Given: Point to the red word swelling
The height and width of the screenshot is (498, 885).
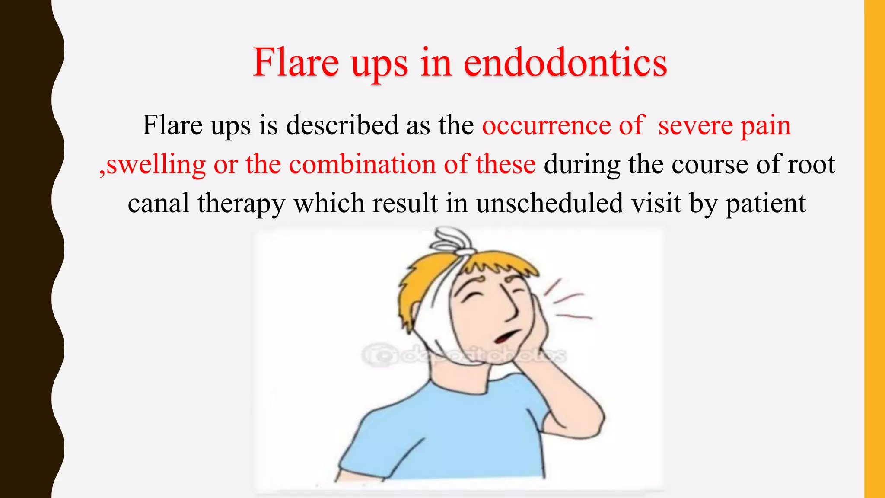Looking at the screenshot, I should point(156,165).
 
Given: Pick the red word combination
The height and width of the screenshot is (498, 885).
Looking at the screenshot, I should point(363,165).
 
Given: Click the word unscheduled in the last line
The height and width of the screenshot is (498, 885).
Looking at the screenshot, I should point(550,203).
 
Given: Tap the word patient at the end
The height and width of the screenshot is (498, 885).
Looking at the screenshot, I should point(765,203).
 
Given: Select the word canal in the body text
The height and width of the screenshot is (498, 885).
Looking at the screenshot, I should point(158,203).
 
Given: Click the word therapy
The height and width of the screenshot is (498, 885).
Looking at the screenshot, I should point(241,203).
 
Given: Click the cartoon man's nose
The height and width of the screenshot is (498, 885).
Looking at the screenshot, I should point(512,309).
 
